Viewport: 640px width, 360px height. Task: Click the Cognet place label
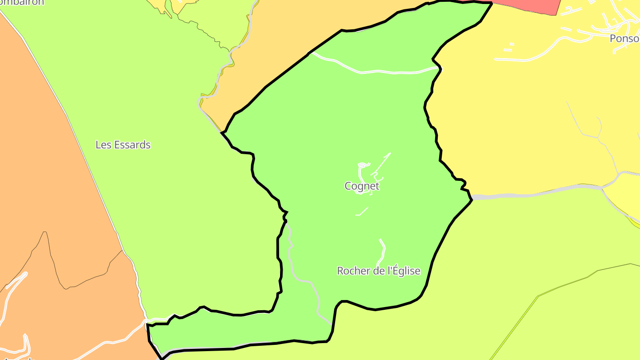point(362,186)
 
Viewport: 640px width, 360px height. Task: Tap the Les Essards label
point(123,145)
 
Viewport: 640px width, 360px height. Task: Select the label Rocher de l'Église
point(379,271)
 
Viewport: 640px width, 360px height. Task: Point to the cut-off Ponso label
point(624,39)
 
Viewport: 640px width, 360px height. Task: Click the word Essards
point(132,145)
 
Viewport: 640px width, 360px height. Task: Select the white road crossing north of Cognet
point(378,71)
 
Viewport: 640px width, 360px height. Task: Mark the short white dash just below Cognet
point(362,212)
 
